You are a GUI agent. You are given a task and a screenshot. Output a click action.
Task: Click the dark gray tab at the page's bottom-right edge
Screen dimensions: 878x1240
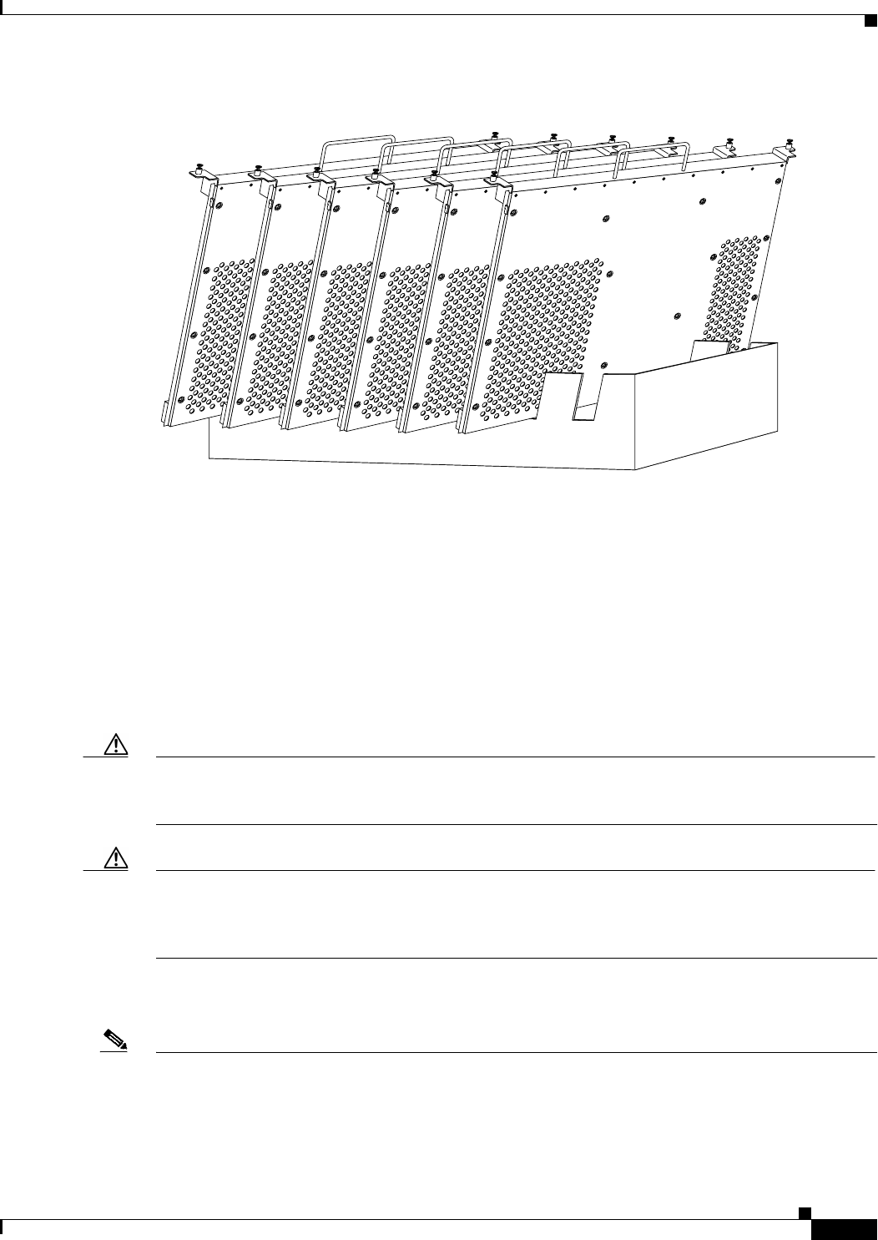click(x=843, y=1231)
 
